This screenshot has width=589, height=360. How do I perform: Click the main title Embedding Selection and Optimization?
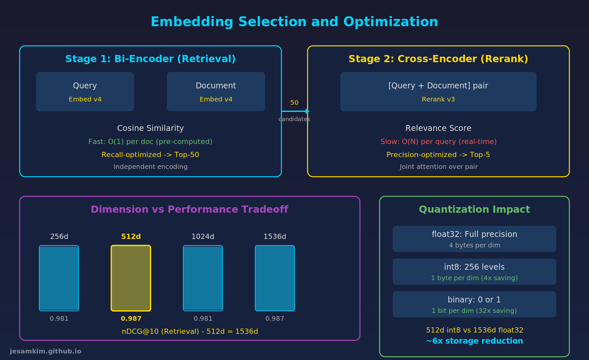(x=294, y=22)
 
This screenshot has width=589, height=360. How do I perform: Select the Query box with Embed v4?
(x=85, y=92)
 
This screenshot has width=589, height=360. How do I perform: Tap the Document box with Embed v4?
(x=216, y=92)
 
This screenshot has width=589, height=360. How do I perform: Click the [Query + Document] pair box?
(x=438, y=92)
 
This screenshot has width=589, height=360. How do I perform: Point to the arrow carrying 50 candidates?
(x=294, y=111)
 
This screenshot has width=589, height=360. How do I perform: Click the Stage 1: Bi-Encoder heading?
(x=151, y=59)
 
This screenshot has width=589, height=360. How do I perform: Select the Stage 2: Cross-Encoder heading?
(x=438, y=59)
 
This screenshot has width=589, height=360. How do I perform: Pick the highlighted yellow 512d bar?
(x=131, y=278)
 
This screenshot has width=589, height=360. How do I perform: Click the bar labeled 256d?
(x=59, y=278)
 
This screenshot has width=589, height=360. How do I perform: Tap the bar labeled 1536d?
(x=275, y=278)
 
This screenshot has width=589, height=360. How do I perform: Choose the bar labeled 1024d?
(x=203, y=278)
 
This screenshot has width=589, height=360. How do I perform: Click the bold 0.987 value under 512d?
(x=131, y=318)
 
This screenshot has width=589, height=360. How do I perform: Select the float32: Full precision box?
(x=474, y=239)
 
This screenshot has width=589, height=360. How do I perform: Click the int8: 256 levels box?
(x=474, y=272)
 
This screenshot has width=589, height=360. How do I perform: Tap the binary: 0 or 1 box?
(x=474, y=304)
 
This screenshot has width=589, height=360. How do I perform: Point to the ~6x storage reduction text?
(x=474, y=341)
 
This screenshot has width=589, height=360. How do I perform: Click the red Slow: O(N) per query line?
(x=438, y=142)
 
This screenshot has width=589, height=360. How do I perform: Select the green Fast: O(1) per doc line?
(x=151, y=142)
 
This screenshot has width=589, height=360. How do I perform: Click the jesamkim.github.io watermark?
(x=45, y=351)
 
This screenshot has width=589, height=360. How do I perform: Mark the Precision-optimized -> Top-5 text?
(x=438, y=155)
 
